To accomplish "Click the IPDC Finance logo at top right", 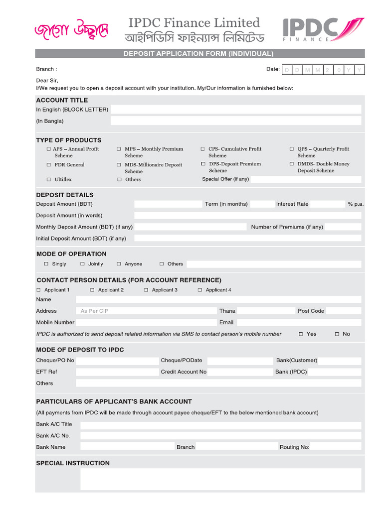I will pyautogui.click(x=323, y=29).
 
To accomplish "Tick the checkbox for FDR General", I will pyautogui.click(x=48, y=165).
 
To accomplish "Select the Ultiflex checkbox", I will pyautogui.click(x=48, y=179).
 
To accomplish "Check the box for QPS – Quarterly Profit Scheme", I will pyautogui.click(x=292, y=149).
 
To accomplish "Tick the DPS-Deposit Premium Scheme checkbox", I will pyautogui.click(x=203, y=164).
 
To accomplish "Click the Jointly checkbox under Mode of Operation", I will pyautogui.click(x=83, y=264).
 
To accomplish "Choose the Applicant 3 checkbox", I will pyautogui.click(x=146, y=290).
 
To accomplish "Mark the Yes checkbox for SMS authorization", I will pyautogui.click(x=300, y=334).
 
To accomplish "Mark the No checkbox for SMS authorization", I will pyautogui.click(x=337, y=334).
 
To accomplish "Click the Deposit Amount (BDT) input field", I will pyautogui.click(x=168, y=204).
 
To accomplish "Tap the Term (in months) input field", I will pyautogui.click(x=262, y=204).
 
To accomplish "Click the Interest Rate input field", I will pyautogui.click(x=327, y=204).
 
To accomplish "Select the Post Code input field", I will pyautogui.click(x=344, y=311).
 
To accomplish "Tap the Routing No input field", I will pyautogui.click(x=336, y=447).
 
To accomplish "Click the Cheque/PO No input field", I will pyautogui.click(x=117, y=361).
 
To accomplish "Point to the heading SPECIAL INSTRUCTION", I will pyautogui.click(x=73, y=463).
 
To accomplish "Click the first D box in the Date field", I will pyautogui.click(x=287, y=70).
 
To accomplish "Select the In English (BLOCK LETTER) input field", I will pyautogui.click(x=235, y=110).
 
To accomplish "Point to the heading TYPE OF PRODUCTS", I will pyautogui.click(x=69, y=140).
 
